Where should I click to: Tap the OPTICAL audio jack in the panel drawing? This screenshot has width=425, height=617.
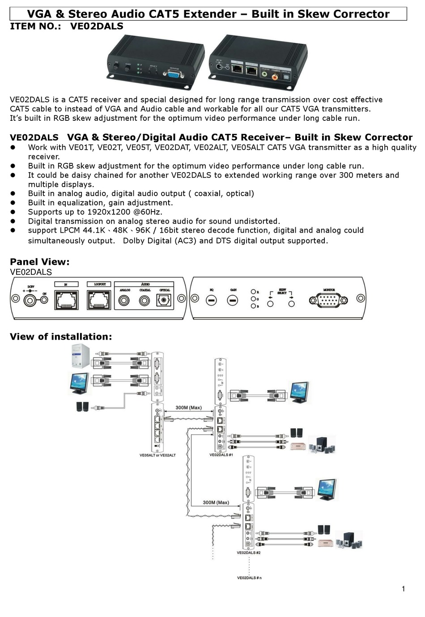[164, 301]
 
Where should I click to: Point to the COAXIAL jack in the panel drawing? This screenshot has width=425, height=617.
[144, 301]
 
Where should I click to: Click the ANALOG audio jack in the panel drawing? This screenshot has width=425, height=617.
[124, 301]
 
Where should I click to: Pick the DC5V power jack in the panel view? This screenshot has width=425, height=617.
[30, 300]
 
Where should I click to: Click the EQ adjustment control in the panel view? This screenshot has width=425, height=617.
[212, 301]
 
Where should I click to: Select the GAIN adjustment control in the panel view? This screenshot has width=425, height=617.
[233, 301]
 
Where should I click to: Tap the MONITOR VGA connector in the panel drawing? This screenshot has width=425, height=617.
[328, 300]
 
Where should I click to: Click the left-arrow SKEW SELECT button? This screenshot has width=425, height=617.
[270, 304]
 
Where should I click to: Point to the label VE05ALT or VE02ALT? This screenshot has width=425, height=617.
[157, 455]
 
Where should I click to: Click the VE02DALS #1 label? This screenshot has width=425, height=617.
[221, 455]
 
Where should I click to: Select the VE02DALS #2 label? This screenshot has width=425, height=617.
[248, 553]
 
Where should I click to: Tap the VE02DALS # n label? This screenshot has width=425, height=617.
[249, 578]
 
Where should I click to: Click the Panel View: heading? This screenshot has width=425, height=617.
[40, 262]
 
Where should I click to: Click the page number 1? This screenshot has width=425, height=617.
[403, 589]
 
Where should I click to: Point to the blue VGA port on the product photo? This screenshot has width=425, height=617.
[173, 75]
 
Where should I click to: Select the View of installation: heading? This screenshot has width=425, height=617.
[61, 336]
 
